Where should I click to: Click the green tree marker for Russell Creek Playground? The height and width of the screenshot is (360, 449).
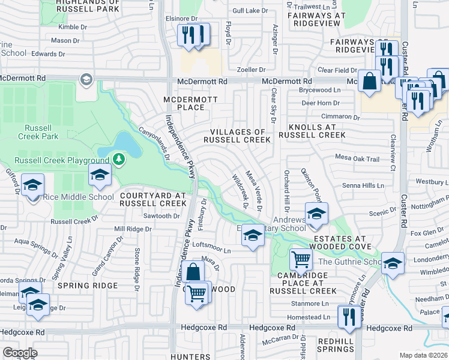[x=119, y=159]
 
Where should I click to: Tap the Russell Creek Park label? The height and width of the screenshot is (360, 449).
[x=42, y=132]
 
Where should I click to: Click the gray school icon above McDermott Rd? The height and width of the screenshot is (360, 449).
[x=86, y=80]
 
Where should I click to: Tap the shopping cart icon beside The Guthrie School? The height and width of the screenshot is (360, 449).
[x=301, y=260]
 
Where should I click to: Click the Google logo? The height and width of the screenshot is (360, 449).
[x=20, y=352]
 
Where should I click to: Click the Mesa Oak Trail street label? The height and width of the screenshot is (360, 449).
[x=357, y=159]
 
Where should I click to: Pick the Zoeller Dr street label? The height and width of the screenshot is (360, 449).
[x=251, y=70]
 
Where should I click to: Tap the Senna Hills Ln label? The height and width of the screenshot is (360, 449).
[x=363, y=186]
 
